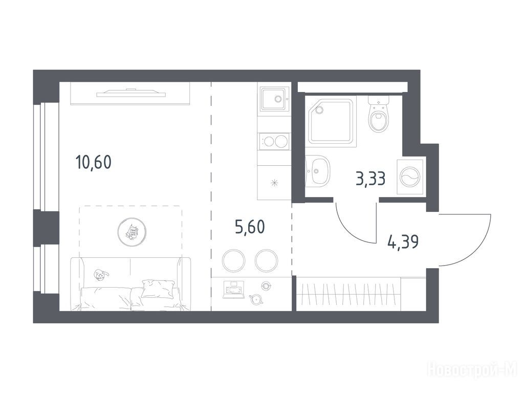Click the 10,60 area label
93,162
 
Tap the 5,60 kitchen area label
250,227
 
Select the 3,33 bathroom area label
371,179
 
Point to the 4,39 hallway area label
403,242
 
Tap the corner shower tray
332,122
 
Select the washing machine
410,176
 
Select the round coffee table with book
133,231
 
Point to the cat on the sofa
101,275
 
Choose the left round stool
233,260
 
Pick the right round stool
266,260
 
